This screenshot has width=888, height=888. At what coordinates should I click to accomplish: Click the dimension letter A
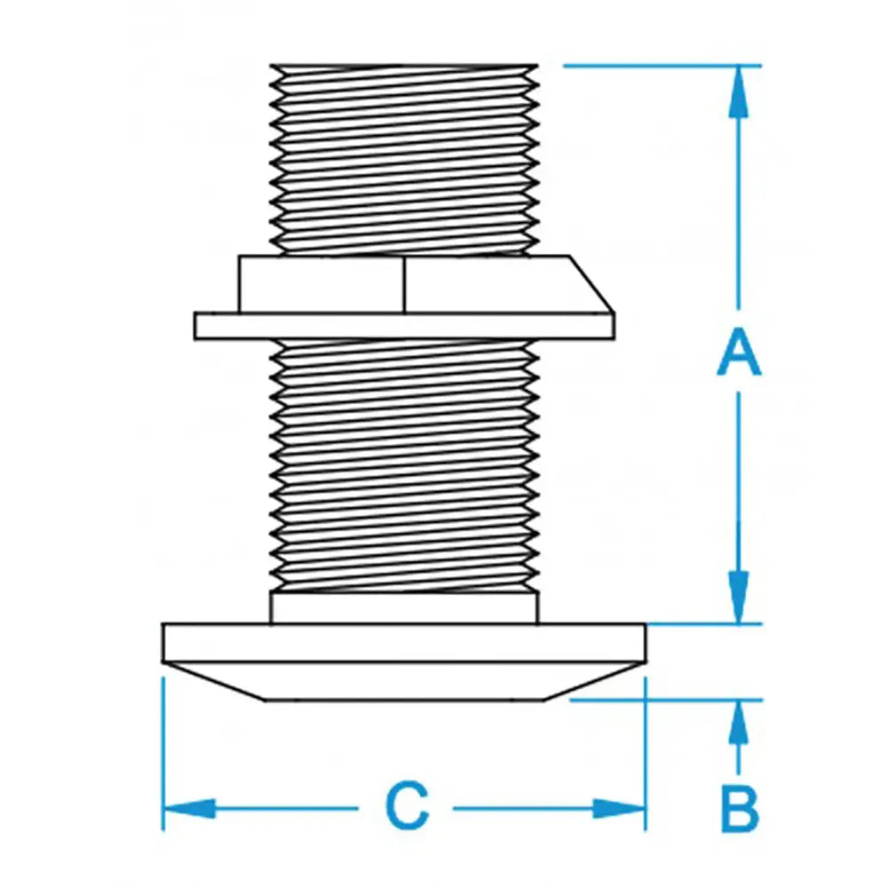tap(739, 352)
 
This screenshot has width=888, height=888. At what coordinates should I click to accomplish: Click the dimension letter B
tap(739, 807)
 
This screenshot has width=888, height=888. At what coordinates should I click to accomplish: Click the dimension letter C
tap(407, 807)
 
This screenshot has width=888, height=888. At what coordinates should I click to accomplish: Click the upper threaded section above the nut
tap(404, 160)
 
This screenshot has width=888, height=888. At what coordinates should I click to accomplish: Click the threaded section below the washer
tap(404, 466)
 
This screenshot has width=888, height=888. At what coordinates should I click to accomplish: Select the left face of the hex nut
tap(321, 284)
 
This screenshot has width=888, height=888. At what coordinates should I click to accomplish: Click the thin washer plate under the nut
tap(404, 325)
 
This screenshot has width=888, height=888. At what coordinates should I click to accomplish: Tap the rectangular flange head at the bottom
tap(404, 643)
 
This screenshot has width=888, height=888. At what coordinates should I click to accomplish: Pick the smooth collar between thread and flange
tap(404, 608)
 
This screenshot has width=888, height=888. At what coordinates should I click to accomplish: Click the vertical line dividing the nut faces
tap(405, 284)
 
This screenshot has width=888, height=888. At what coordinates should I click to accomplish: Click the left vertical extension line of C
tap(163, 755)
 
